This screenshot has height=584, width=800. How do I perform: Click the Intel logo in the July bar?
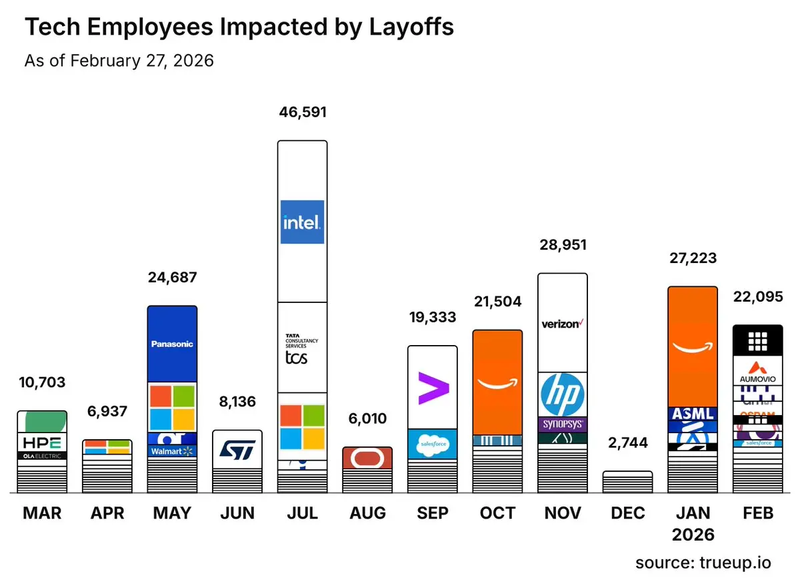(302, 222)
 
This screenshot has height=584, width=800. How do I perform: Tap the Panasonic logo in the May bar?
(172, 344)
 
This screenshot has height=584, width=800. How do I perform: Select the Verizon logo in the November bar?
(562, 324)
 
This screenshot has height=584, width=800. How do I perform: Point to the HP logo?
(562, 394)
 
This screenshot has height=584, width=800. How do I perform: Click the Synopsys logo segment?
(562, 424)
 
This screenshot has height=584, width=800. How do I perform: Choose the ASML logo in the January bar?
(693, 414)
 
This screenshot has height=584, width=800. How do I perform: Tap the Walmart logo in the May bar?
(172, 451)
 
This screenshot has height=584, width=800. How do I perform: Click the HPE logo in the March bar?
(42, 442)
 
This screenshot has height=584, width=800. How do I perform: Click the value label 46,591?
(302, 111)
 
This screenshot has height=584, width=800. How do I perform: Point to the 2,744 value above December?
(627, 443)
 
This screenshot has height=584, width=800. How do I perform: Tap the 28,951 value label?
(562, 245)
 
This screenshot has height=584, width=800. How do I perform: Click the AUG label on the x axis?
(367, 513)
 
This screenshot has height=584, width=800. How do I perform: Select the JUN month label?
(237, 513)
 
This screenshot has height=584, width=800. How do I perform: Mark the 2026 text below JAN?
(693, 535)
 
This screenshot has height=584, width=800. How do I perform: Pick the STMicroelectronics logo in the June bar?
(237, 449)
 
